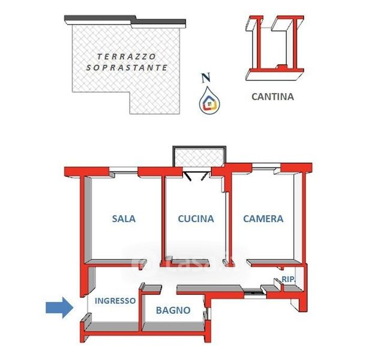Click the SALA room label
(124, 219)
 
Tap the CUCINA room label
(196, 219)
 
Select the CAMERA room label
(263, 219)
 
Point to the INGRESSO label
(115, 301)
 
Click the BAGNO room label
(173, 311)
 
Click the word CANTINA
(272, 96)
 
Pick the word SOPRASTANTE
(127, 68)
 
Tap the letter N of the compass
(206, 77)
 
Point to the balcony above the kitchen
(199, 156)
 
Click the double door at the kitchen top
(196, 175)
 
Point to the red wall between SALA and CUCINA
(163, 219)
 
